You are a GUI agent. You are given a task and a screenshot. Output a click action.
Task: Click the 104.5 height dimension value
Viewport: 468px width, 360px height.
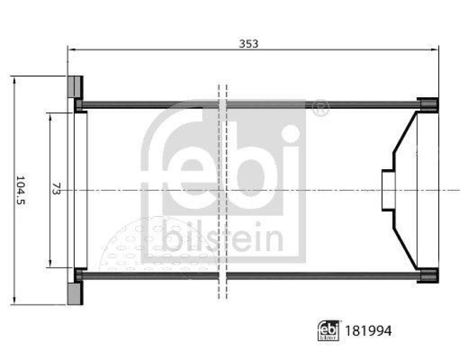(x=21, y=190)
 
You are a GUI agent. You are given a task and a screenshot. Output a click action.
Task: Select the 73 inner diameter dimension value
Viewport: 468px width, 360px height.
(x=56, y=190)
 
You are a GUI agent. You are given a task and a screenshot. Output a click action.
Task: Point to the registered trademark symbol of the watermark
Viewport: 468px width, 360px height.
(x=321, y=108)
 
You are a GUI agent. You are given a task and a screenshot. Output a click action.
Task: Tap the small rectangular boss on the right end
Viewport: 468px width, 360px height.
(x=388, y=190)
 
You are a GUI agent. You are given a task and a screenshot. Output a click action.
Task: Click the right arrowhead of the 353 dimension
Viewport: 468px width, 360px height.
(x=435, y=49)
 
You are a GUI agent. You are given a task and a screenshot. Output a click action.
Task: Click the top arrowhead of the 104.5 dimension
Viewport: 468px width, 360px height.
(x=13, y=80)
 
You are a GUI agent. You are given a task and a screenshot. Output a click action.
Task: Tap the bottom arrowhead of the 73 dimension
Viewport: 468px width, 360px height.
(x=50, y=263)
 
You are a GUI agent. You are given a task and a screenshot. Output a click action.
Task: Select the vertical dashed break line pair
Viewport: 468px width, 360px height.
(x=222, y=190)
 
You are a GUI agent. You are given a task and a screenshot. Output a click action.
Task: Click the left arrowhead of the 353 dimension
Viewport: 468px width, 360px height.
(x=71, y=49)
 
